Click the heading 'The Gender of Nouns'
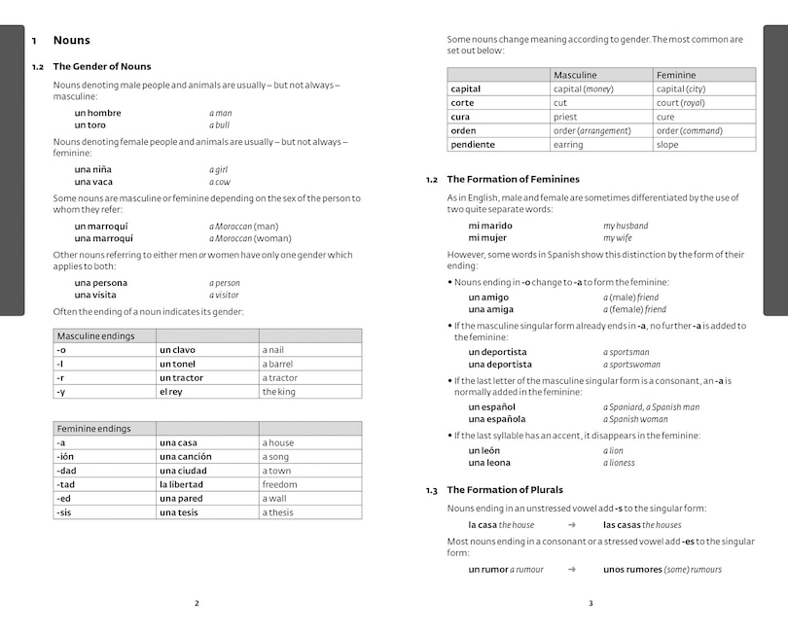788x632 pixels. point(102,66)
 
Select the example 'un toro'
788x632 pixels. point(90,125)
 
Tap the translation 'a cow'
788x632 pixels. point(220,182)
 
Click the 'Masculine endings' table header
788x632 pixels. point(95,335)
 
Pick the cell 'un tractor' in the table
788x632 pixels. point(182,377)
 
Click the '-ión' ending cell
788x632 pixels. point(66,456)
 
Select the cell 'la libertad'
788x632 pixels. point(182,484)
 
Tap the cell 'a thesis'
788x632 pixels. point(277,512)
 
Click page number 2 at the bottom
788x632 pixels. point(197,603)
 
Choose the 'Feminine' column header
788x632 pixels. point(676,75)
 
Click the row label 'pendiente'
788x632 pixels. point(473,144)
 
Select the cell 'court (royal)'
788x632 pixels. point(680,102)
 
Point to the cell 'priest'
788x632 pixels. point(565,117)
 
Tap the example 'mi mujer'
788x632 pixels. point(488,238)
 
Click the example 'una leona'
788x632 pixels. point(488,463)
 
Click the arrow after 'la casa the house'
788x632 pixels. point(571,524)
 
